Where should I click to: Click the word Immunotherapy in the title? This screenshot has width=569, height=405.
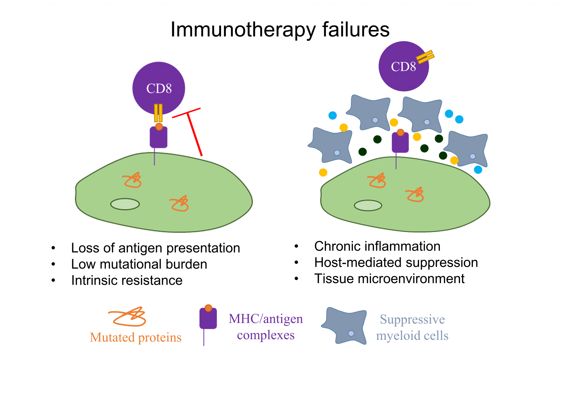pyautogui.click(x=243, y=30)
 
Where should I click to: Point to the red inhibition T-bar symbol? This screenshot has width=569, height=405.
pyautogui.click(x=192, y=128)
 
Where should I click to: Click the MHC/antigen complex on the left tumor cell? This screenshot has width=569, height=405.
pyautogui.click(x=158, y=137)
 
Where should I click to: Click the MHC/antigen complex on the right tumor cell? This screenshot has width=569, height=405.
pyautogui.click(x=400, y=142)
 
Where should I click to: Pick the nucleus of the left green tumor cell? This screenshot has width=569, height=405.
pyautogui.click(x=125, y=204)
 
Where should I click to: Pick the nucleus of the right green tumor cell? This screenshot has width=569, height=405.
pyautogui.click(x=368, y=206)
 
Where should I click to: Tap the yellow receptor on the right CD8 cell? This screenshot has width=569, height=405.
pyautogui.click(x=425, y=57)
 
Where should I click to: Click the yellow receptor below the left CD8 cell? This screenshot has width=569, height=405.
pyautogui.click(x=158, y=113)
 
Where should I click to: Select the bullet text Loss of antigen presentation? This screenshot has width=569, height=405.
pyautogui.click(x=156, y=248)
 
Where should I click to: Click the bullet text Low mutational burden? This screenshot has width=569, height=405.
pyautogui.click(x=139, y=264)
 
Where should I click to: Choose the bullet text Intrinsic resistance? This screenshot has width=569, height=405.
pyautogui.click(x=127, y=280)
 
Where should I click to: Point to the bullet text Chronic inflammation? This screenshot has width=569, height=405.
pyautogui.click(x=377, y=246)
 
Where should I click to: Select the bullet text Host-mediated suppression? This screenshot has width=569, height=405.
pyautogui.click(x=396, y=262)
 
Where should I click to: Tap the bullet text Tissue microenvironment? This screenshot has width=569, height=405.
pyautogui.click(x=389, y=279)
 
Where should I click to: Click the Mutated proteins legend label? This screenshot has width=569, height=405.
pyautogui.click(x=136, y=337)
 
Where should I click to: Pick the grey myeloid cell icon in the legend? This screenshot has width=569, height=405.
pyautogui.click(x=345, y=326)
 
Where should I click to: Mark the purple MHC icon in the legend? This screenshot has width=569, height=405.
pyautogui.click(x=208, y=319)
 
